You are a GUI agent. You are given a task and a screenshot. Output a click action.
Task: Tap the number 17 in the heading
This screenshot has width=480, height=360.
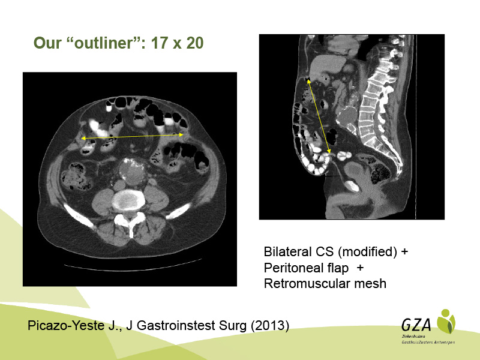point(158,43)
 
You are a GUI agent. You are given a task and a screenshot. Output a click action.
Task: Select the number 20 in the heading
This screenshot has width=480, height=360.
point(194,43)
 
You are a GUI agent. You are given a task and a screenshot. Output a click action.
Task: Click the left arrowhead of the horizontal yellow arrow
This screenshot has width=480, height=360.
point(83,139)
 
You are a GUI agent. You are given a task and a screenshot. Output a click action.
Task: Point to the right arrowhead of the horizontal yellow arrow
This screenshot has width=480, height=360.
point(181,134)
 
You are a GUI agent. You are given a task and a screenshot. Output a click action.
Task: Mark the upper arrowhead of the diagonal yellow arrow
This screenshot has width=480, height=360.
point(308,80)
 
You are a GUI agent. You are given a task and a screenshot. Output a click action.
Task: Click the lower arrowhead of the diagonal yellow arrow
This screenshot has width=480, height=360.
point(329,151)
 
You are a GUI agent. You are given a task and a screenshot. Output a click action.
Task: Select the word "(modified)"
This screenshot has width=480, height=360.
point(367,252)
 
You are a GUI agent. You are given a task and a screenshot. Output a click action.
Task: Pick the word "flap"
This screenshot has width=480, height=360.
point(338,268)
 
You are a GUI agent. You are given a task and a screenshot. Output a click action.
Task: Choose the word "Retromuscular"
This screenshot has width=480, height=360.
point(307,284)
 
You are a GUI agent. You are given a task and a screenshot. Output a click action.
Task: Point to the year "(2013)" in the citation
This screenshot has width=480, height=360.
point(270,326)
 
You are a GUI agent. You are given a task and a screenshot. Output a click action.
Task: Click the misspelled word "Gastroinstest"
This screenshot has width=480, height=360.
point(176,325)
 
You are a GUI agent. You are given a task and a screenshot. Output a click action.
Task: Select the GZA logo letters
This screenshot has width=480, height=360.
point(416,325)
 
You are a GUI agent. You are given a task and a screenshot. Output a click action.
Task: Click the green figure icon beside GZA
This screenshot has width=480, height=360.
point(446,322)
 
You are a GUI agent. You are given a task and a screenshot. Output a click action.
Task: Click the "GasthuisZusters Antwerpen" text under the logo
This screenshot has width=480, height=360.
point(428,342)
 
